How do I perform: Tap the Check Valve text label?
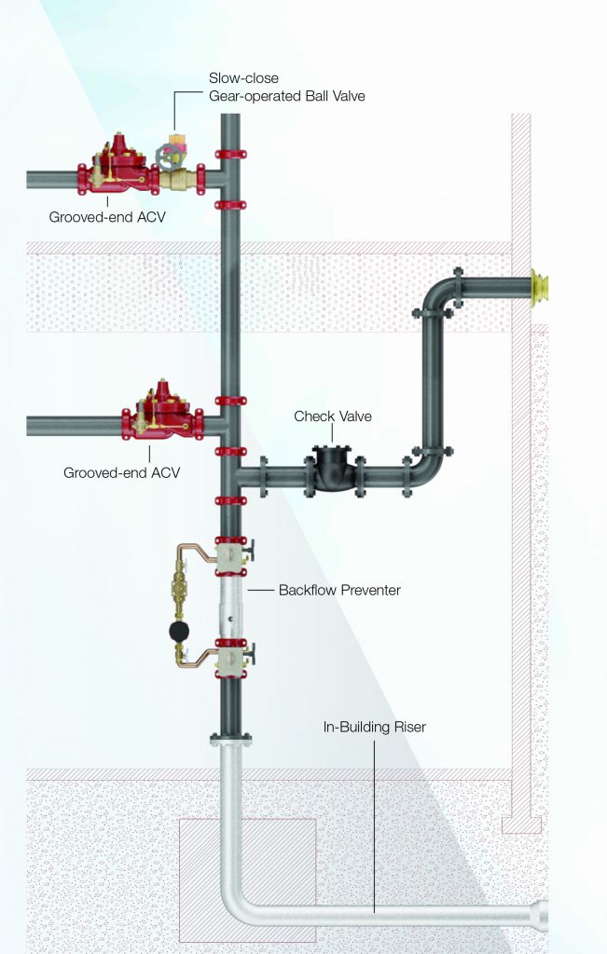pyautogui.click(x=332, y=416)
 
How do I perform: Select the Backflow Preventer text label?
pyautogui.click(x=338, y=590)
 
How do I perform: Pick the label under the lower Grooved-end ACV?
pyautogui.click(x=121, y=472)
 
